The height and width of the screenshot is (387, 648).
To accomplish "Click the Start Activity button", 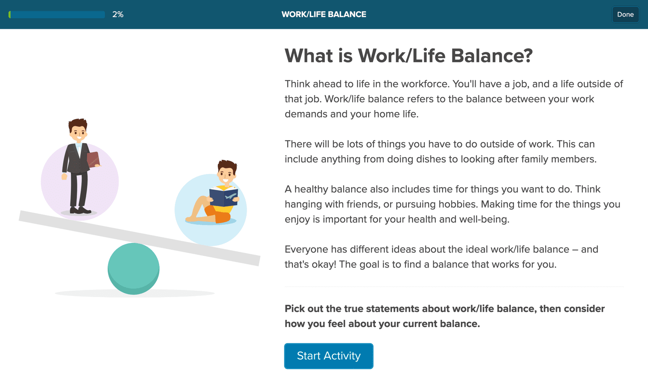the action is tap(328, 356).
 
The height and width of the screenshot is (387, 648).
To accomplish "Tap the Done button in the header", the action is tap(625, 15).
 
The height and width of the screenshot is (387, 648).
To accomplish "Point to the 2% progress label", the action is tap(118, 15).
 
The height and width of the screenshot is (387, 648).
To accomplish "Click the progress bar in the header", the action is tap(57, 15).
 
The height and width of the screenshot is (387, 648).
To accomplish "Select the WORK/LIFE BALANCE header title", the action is tap(324, 15).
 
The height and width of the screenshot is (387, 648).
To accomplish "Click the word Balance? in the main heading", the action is tap(492, 55).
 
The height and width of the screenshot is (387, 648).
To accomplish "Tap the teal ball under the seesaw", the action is tap(133, 269).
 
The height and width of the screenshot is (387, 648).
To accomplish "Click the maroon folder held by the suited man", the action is tap(93, 159).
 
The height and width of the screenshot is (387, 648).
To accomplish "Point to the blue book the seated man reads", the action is tap(224, 196).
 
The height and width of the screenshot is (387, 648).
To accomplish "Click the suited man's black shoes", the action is tap(80, 210).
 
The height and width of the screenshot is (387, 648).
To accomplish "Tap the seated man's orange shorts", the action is tap(217, 214).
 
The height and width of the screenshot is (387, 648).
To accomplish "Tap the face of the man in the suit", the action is tap(78, 134).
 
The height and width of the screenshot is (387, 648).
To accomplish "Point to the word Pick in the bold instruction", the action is tap(294, 308).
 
